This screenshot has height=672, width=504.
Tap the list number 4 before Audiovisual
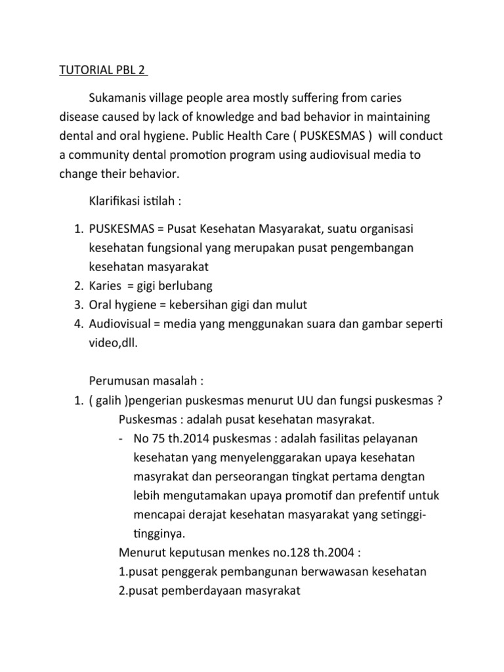(x=75, y=324)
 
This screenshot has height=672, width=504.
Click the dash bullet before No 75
(x=122, y=438)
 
